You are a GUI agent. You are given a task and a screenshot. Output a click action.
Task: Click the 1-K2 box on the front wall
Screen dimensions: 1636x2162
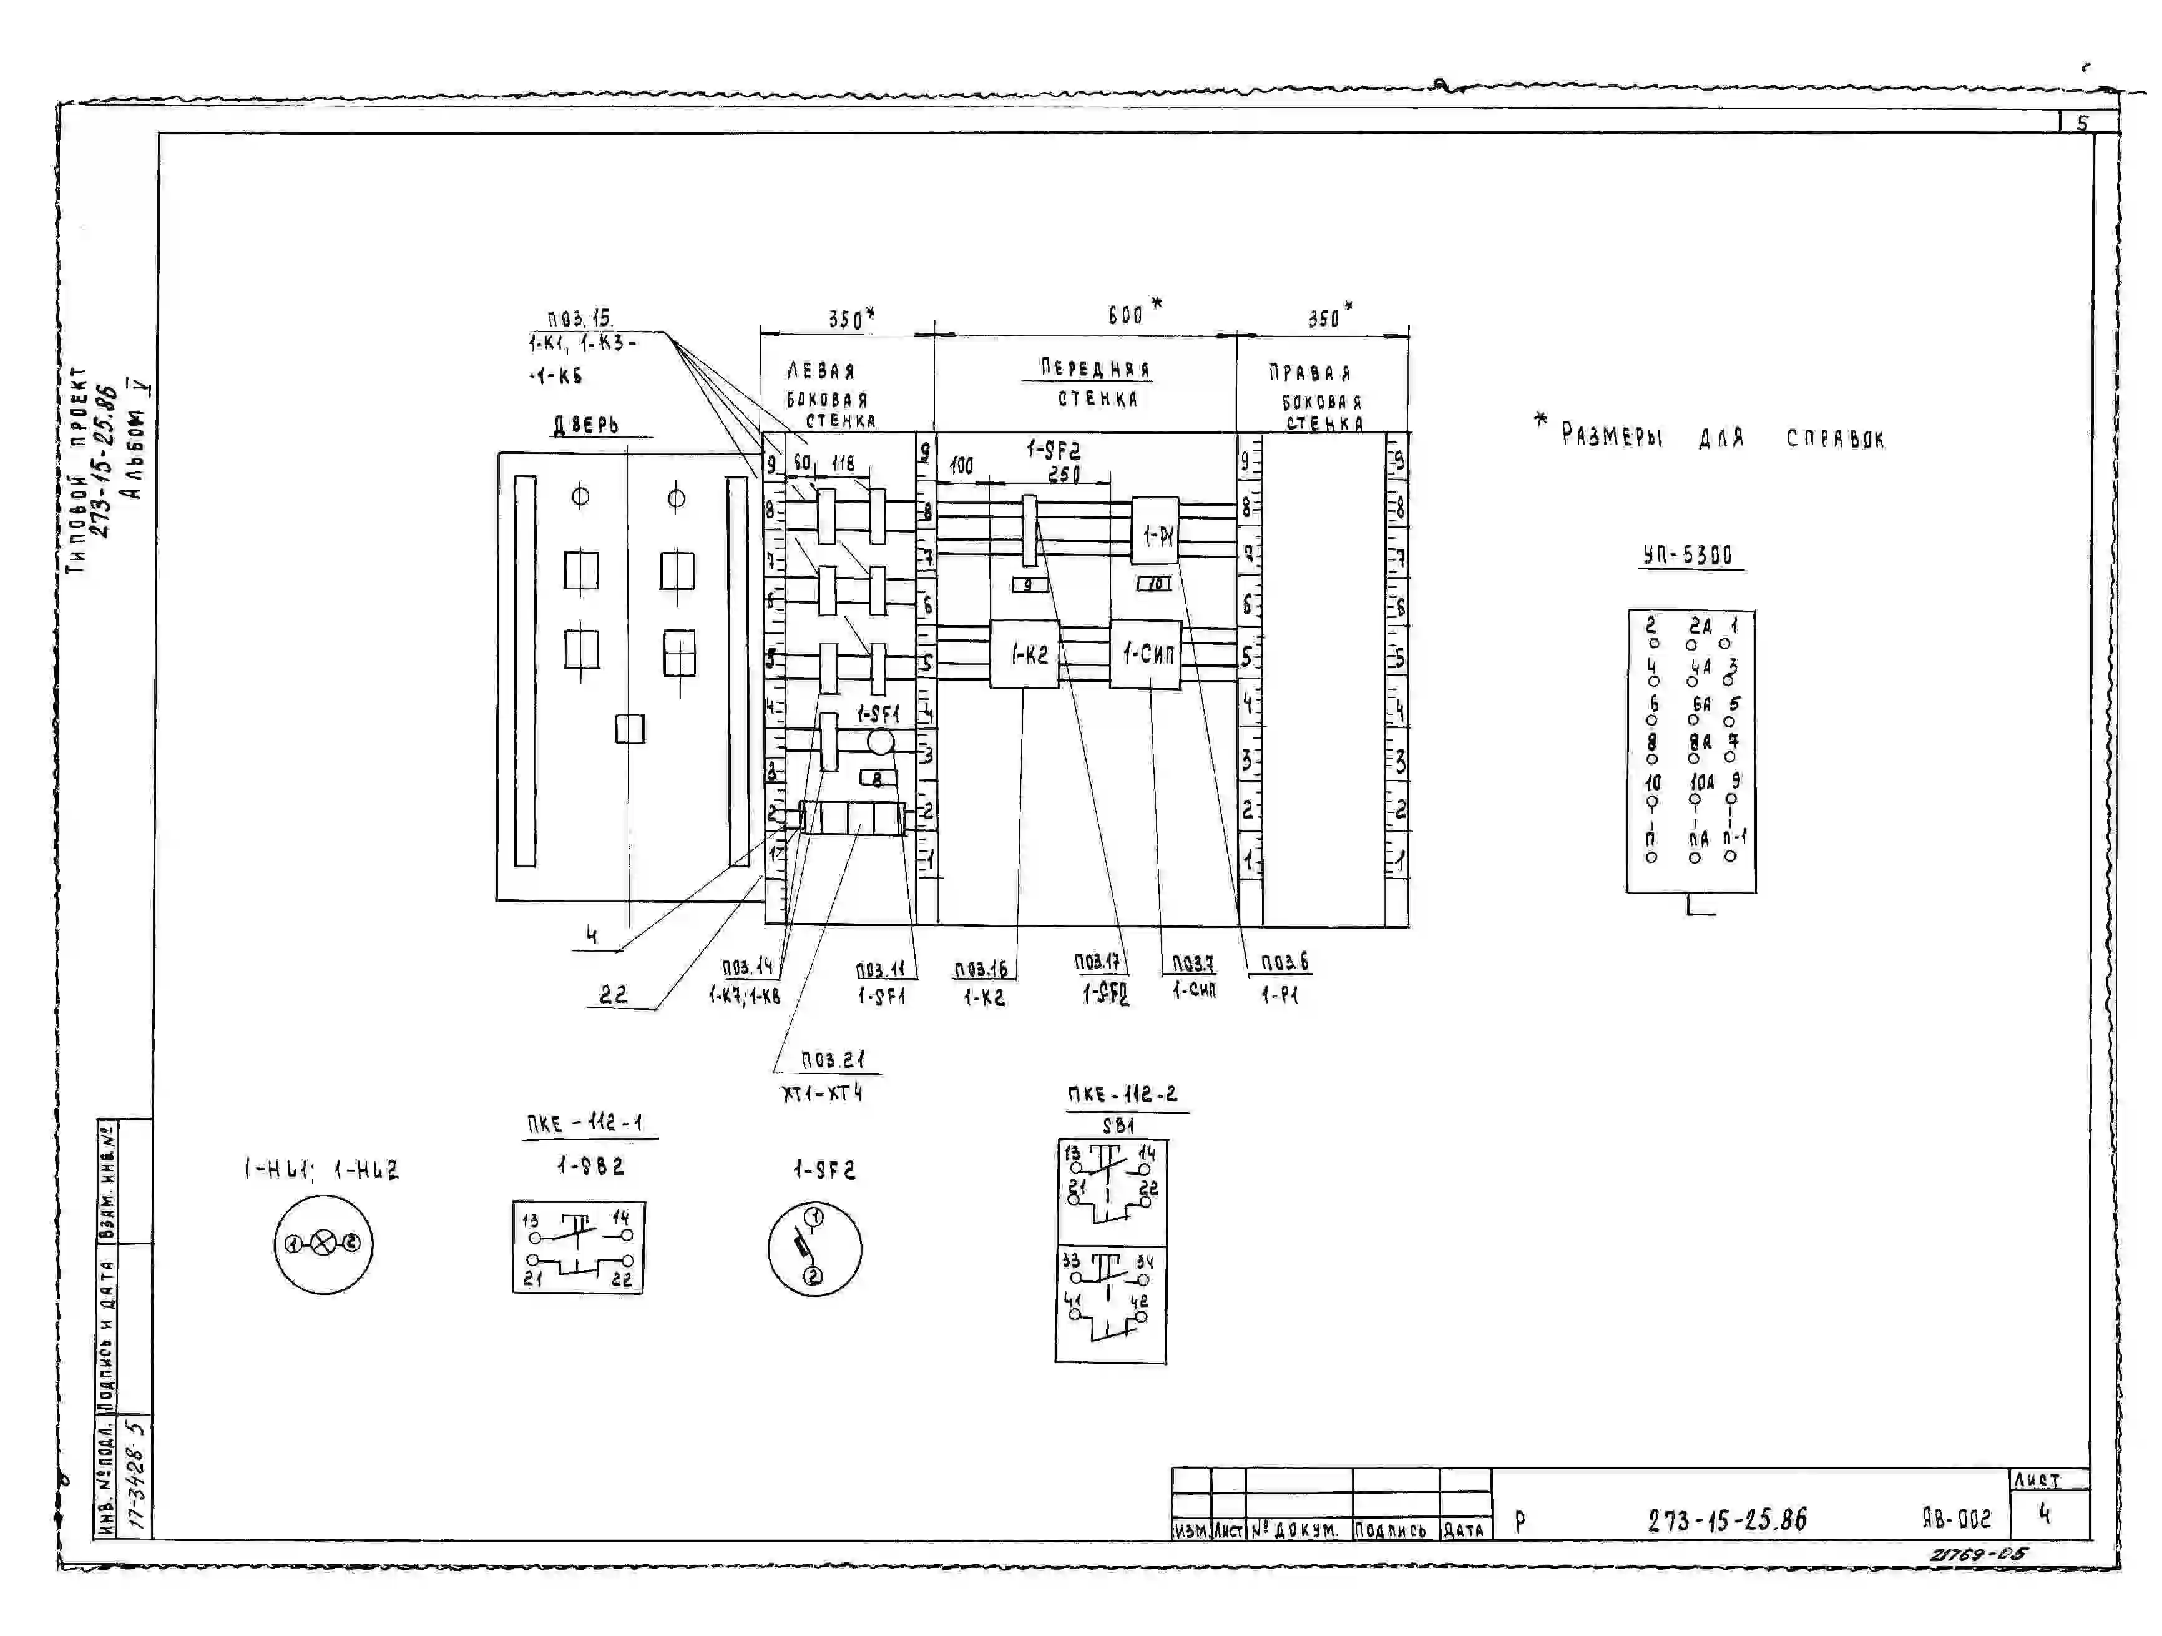coord(1024,654)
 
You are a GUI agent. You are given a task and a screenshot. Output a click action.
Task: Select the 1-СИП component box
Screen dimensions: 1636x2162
coord(1145,654)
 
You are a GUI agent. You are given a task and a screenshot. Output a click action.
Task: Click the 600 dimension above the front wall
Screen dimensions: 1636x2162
coord(1126,315)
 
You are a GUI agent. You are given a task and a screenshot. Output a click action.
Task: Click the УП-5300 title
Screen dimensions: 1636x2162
coord(1688,556)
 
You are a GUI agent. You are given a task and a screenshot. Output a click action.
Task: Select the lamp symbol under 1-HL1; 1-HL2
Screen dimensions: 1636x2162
coord(323,1244)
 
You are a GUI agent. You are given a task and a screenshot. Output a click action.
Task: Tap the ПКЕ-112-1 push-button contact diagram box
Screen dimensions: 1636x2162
coord(579,1248)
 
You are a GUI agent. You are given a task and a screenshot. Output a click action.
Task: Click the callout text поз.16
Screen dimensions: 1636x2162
coord(981,969)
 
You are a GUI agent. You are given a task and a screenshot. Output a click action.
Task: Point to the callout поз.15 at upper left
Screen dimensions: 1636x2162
coord(580,319)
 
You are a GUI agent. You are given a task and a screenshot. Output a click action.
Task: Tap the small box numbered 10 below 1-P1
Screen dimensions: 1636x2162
coord(1154,584)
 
